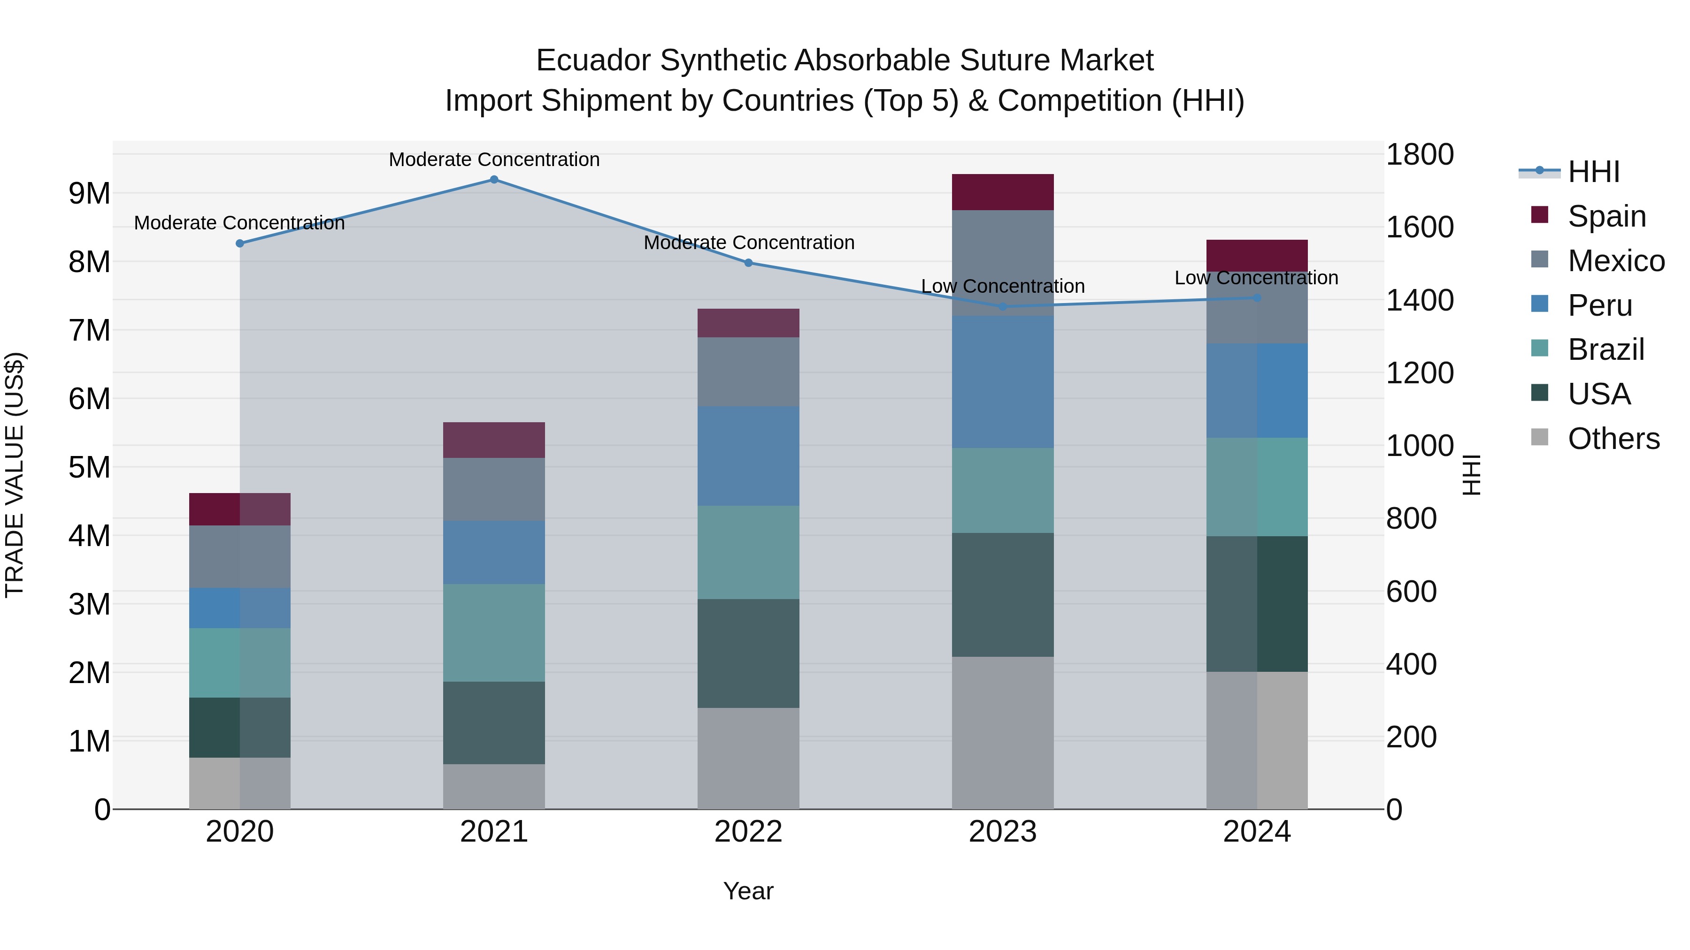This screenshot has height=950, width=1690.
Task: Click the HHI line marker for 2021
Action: tap(494, 180)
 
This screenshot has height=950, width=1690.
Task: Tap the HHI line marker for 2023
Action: tap(1002, 306)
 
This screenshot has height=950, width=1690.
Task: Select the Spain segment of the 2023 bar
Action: tap(1002, 192)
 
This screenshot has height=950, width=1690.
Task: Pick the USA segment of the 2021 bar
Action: tap(494, 722)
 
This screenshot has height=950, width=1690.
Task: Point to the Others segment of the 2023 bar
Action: tap(1002, 732)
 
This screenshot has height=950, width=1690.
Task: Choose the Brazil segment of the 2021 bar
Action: tap(494, 633)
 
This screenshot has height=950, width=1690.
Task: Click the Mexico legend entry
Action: tap(1616, 261)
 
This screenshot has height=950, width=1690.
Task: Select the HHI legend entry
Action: tap(1594, 172)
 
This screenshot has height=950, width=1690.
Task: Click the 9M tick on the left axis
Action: tap(89, 193)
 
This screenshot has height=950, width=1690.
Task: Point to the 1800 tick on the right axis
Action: tap(1419, 155)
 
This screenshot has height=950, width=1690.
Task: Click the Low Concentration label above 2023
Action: tap(1002, 287)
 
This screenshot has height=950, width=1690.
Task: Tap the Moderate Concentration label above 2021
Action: tap(494, 160)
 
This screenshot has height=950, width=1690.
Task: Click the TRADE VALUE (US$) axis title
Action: tap(15, 475)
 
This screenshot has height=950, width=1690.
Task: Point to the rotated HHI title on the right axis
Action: tap(1472, 475)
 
